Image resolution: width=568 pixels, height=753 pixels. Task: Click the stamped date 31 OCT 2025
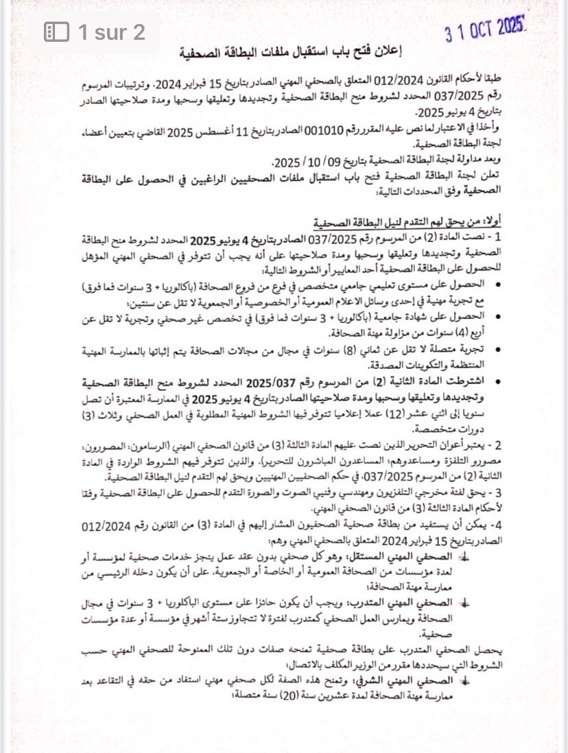click(x=485, y=29)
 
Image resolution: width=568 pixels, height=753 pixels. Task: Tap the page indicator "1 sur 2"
click(x=111, y=32)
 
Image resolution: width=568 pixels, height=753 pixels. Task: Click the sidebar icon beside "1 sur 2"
click(x=56, y=32)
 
